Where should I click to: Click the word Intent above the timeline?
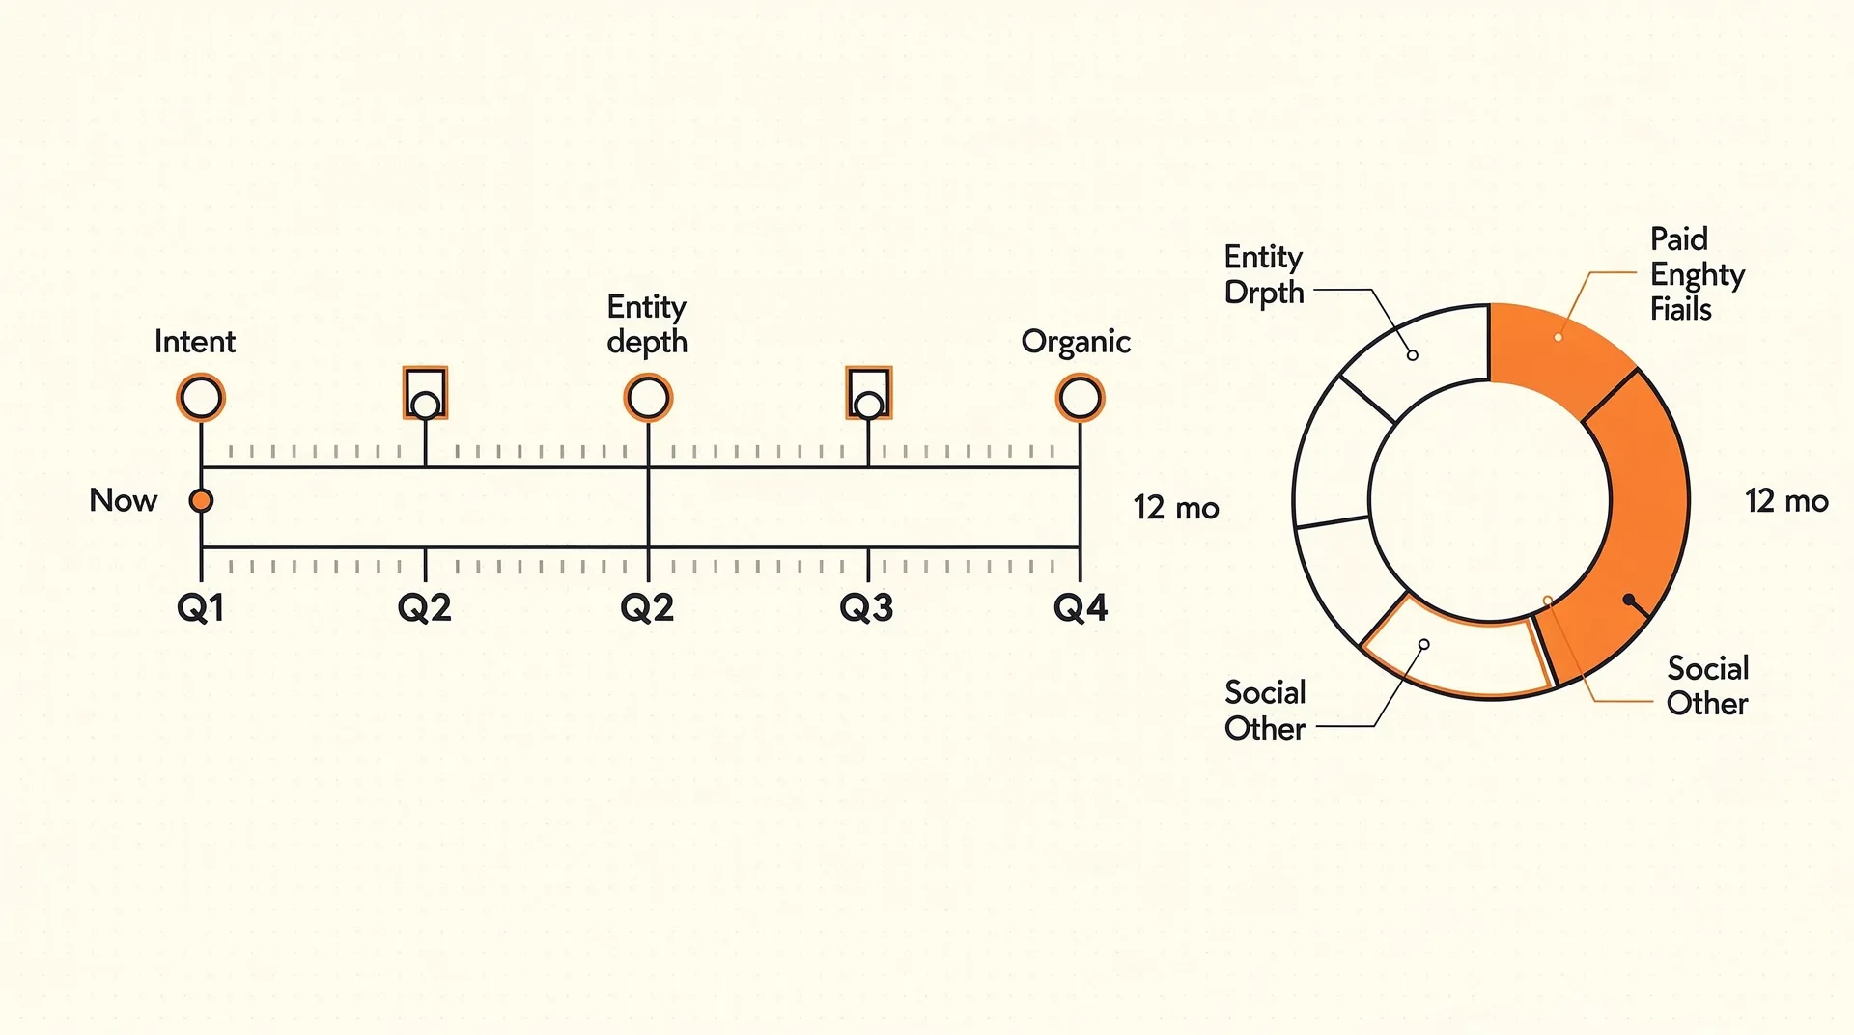click(x=195, y=342)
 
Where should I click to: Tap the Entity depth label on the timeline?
click(x=647, y=324)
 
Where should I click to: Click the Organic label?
click(x=1076, y=343)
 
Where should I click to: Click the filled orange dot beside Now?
click(x=201, y=500)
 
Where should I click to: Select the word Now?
click(x=124, y=500)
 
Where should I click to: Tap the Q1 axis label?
click(x=201, y=608)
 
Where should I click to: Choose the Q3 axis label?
click(x=866, y=608)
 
